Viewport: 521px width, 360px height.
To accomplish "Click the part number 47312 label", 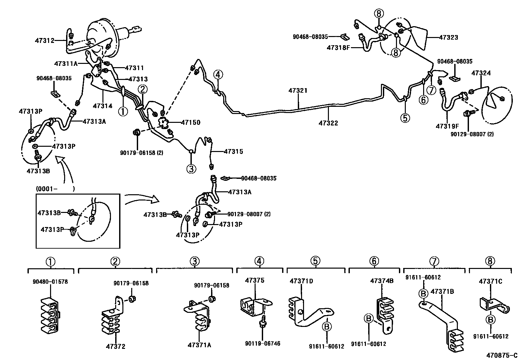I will click(x=45, y=41).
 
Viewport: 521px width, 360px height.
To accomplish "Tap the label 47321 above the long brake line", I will click(x=298, y=90).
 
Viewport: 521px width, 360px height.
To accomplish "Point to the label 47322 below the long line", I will click(x=328, y=123).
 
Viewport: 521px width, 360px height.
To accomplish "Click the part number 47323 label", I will click(x=448, y=37).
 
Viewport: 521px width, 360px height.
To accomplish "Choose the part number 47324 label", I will click(x=481, y=73).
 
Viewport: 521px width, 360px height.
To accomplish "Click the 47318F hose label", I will click(x=338, y=48).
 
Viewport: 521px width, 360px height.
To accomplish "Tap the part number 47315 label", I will click(x=233, y=152).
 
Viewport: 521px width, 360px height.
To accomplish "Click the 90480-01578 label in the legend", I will click(x=50, y=282).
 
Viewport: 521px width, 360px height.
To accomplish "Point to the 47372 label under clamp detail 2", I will click(x=115, y=346).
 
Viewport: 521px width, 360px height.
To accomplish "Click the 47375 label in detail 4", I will click(x=255, y=280).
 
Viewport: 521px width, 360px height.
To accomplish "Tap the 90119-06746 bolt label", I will click(x=262, y=344).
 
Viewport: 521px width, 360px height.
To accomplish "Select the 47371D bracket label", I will click(x=301, y=281).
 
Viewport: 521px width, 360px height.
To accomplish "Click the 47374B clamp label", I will click(x=382, y=281).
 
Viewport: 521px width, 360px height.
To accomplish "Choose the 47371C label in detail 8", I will click(x=490, y=281).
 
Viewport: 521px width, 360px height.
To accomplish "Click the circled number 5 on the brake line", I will click(x=405, y=118).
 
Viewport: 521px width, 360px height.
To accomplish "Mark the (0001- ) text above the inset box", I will click(x=55, y=189).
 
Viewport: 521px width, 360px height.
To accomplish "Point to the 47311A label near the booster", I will click(x=66, y=64).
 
